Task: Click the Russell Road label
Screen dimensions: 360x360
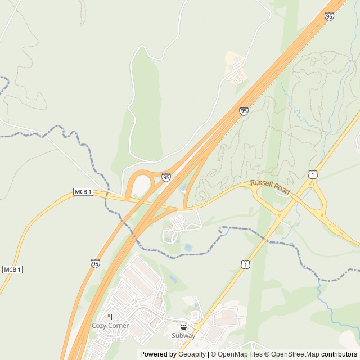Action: (270, 187)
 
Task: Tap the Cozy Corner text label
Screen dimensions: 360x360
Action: (110, 326)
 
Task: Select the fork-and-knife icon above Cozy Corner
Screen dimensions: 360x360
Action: (110, 317)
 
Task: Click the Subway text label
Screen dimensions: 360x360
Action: (183, 336)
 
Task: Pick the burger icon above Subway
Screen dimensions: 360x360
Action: (183, 327)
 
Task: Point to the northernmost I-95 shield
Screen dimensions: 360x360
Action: (329, 16)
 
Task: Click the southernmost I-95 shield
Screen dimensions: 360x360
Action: (95, 263)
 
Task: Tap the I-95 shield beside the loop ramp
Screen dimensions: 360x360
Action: (166, 177)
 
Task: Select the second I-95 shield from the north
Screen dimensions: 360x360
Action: (244, 111)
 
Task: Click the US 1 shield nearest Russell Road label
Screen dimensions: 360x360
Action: (312, 175)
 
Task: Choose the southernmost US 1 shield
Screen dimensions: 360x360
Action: (245, 263)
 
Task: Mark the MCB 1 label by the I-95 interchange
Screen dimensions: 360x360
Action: (83, 192)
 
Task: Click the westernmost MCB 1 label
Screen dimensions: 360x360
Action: (12, 269)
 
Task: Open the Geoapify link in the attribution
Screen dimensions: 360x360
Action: (192, 354)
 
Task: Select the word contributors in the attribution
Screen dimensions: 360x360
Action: (339, 354)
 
